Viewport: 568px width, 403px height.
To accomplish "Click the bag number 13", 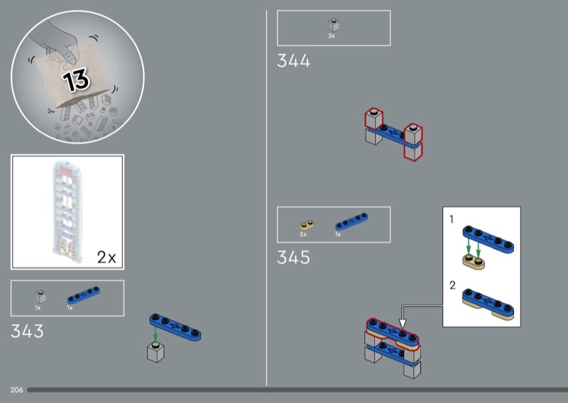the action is click(76, 79).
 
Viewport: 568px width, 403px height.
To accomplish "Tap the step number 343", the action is click(27, 331).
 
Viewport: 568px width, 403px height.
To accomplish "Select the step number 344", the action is click(293, 61).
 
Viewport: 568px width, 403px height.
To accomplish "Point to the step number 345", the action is click(293, 258).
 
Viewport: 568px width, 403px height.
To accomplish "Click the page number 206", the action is click(16, 390).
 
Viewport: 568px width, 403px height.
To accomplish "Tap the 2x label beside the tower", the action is click(106, 258).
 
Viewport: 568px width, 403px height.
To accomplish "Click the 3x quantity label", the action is click(332, 36).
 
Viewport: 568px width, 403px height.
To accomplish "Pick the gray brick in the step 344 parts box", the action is click(334, 25).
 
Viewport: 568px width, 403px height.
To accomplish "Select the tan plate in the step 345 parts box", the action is click(307, 225).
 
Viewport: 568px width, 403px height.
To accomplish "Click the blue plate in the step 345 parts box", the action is click(351, 221).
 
